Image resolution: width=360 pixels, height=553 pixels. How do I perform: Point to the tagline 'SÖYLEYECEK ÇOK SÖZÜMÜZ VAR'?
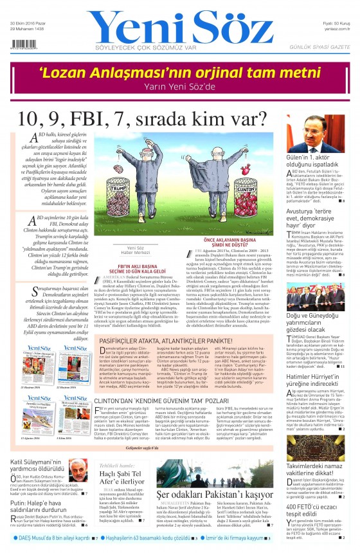(x=163, y=46)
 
